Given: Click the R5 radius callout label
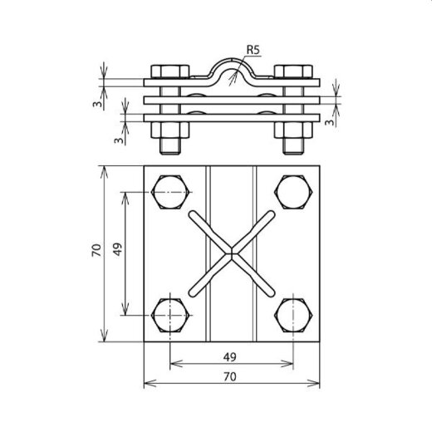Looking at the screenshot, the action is (x=253, y=50).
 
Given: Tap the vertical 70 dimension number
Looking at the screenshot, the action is (x=96, y=250).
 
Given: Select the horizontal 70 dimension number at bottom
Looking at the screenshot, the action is (x=230, y=376).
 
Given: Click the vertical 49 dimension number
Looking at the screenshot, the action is (x=118, y=249).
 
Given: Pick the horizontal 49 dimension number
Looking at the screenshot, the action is (x=230, y=357).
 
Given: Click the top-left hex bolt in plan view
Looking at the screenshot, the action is (x=171, y=192).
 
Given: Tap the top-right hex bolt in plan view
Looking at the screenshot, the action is (x=293, y=192).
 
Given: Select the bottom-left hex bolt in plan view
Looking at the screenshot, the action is (x=171, y=315).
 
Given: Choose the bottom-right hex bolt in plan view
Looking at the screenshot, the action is (x=293, y=315).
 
